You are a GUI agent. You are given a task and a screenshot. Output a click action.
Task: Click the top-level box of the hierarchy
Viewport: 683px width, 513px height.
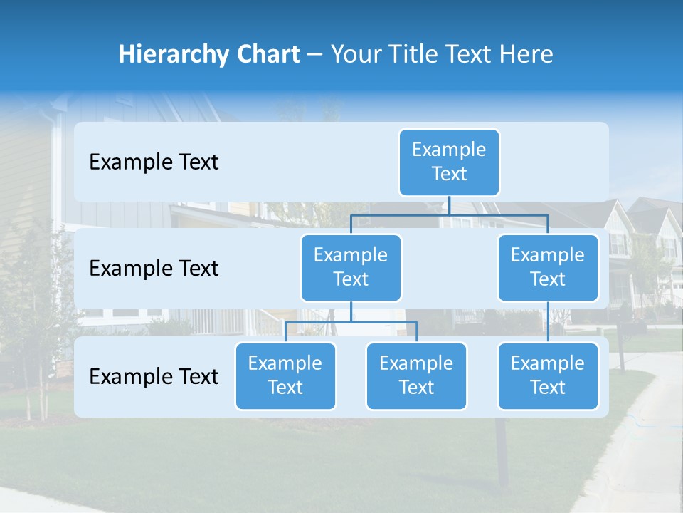tap(449, 162)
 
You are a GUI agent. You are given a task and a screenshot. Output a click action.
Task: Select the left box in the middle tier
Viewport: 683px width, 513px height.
tap(351, 267)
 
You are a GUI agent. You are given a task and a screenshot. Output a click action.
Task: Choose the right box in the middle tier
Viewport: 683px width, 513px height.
tap(548, 267)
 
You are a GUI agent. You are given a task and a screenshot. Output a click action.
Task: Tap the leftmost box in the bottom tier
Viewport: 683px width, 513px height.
tap(285, 375)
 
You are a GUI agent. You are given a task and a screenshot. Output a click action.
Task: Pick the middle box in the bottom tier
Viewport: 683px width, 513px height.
tap(416, 375)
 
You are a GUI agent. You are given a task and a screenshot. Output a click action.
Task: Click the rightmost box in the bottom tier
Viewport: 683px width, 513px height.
tap(548, 375)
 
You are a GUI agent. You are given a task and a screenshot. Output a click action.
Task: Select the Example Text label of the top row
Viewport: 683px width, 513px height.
tap(154, 162)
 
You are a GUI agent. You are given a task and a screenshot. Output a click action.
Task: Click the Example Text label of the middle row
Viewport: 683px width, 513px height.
tap(154, 269)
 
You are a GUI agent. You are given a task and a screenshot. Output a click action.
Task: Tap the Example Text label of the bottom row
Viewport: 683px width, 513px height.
tap(154, 376)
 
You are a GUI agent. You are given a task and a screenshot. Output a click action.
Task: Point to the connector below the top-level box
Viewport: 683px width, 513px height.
tap(449, 205)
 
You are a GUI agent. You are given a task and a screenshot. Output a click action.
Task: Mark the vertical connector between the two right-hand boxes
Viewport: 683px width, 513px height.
tap(548, 322)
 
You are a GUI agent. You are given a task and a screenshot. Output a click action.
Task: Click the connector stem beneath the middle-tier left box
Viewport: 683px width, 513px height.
tap(351, 311)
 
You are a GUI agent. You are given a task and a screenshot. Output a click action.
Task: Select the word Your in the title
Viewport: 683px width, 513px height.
tap(354, 54)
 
